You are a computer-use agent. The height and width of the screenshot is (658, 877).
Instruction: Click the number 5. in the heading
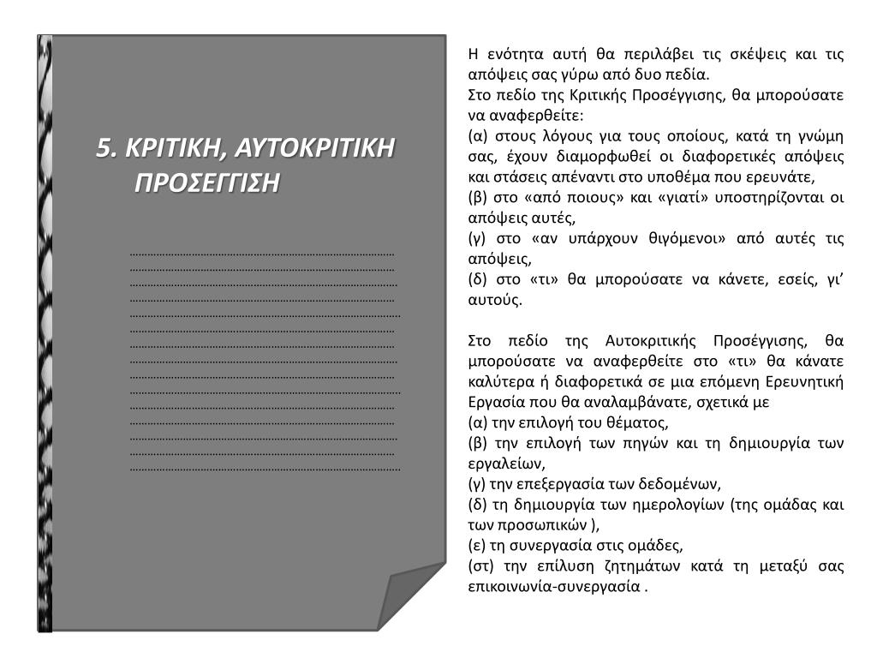pos(107,148)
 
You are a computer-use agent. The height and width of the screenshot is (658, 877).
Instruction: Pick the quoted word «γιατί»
pos(664,198)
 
